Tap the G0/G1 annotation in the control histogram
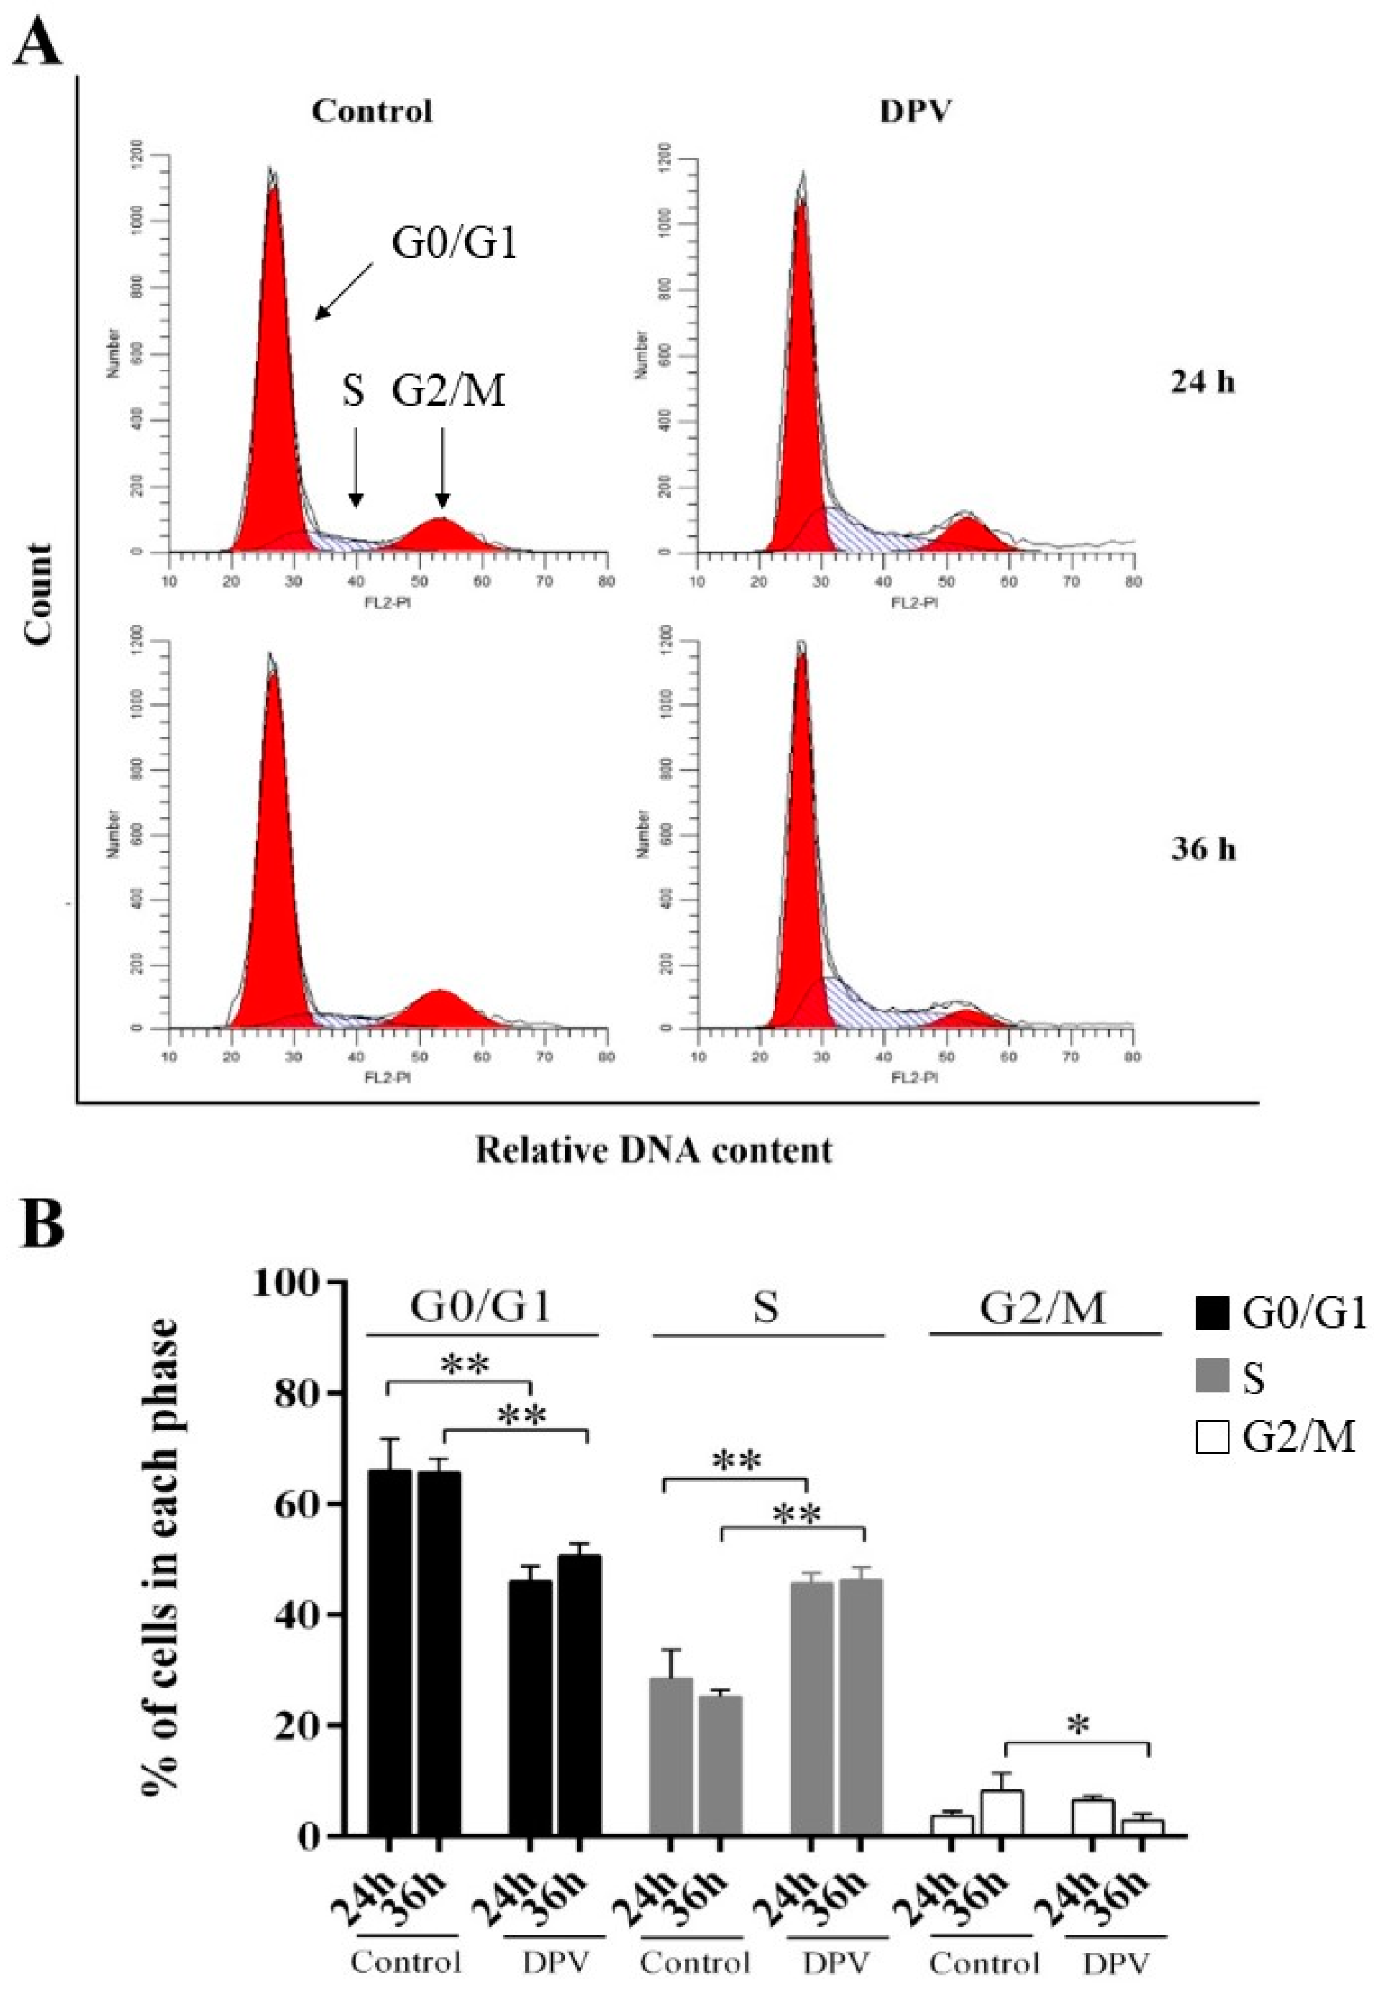pos(454,243)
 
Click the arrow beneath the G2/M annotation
pos(442,470)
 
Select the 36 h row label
pos(1203,851)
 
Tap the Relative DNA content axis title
pos(654,1150)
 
